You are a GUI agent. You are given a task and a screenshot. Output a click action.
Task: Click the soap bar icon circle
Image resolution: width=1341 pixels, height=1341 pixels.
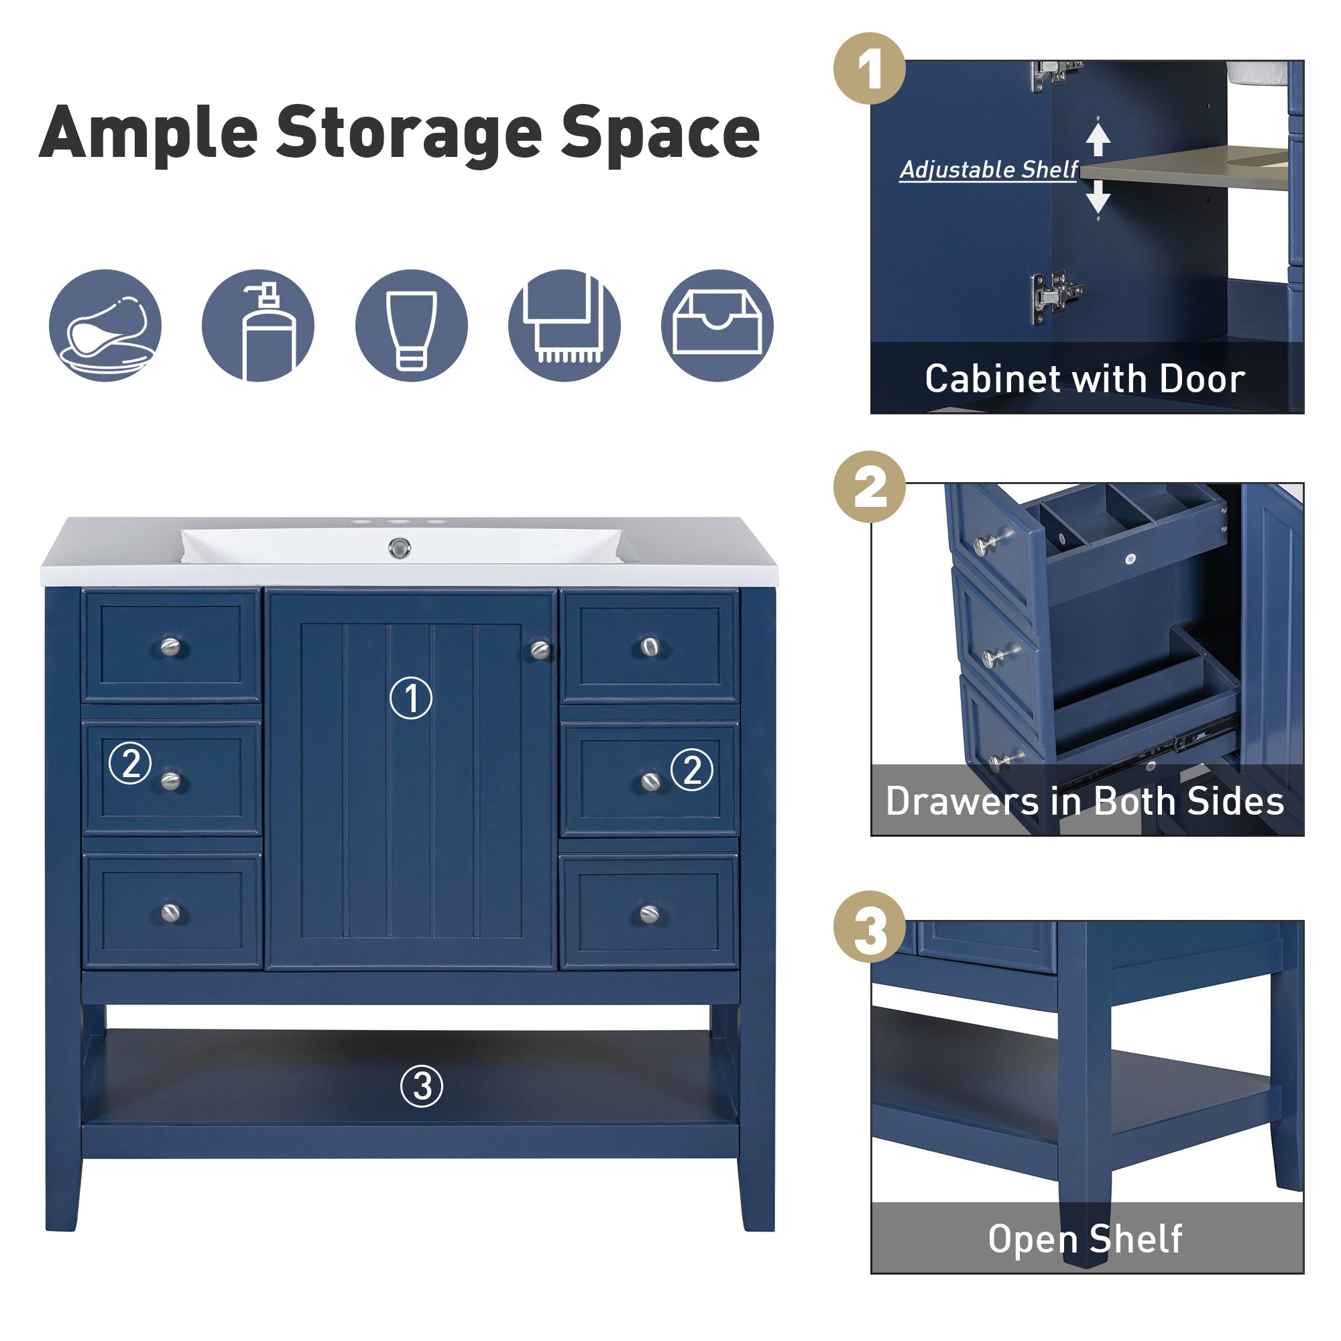click(105, 326)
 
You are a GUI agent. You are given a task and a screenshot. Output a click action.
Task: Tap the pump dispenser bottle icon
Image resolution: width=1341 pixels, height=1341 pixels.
click(258, 326)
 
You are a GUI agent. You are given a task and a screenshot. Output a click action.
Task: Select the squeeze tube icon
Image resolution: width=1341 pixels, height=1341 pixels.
click(411, 326)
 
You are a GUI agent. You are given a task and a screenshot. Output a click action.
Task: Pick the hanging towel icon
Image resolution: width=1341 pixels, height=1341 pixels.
click(565, 326)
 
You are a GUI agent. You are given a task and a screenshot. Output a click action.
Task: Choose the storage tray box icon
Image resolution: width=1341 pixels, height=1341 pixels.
click(717, 326)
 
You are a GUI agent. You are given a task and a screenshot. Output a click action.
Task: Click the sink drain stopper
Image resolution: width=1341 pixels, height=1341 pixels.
click(399, 548)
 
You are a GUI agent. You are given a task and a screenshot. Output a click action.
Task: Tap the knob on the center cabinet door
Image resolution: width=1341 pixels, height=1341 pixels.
click(540, 650)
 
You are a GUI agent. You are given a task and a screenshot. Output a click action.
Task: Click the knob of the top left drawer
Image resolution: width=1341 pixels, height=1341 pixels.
click(171, 647)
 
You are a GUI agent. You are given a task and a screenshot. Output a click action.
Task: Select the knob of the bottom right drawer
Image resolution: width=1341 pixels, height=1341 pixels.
click(649, 914)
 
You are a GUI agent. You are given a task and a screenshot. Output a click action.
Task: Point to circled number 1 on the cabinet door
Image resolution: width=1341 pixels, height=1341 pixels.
click(411, 698)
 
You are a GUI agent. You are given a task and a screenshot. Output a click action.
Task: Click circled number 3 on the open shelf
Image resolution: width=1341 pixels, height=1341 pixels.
click(421, 1086)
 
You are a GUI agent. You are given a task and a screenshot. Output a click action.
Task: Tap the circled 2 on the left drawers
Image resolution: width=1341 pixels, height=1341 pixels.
click(131, 763)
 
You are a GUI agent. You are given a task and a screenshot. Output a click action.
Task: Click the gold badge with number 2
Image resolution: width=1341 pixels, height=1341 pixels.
click(869, 487)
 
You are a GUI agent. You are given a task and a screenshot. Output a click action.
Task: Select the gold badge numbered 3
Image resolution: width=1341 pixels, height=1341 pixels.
click(869, 927)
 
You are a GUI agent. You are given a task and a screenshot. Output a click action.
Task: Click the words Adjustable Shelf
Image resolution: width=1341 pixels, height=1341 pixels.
click(988, 170)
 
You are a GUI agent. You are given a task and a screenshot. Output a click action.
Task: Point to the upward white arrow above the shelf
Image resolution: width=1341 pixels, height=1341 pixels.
click(1098, 138)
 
